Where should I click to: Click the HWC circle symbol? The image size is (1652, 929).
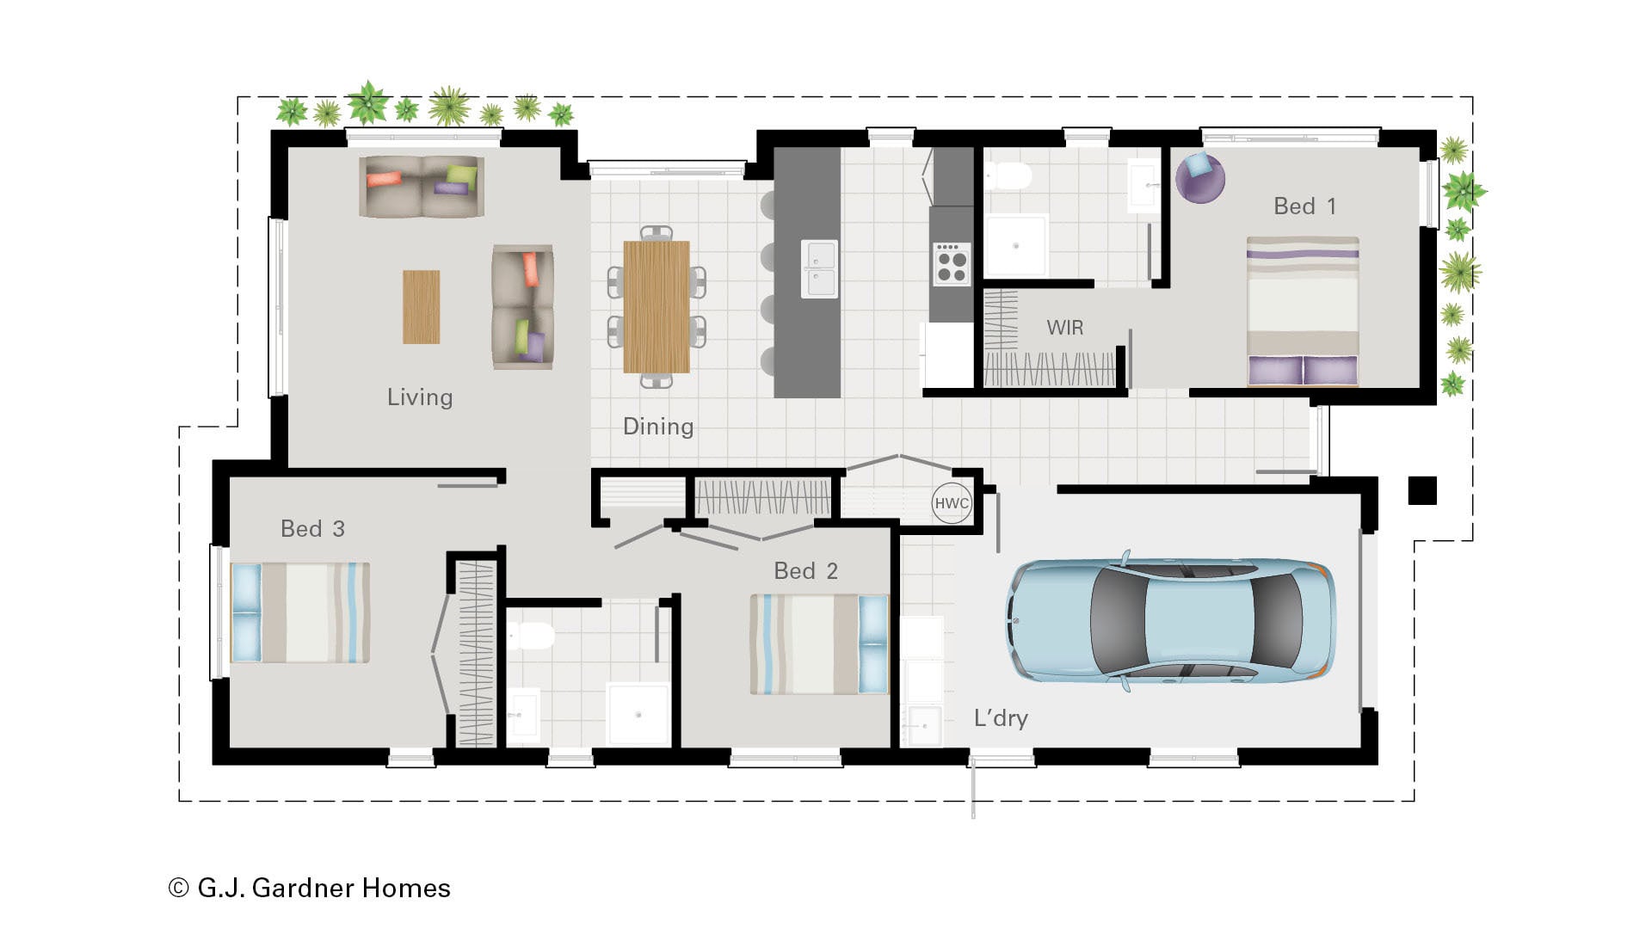tap(952, 503)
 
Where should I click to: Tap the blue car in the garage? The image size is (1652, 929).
tap(1171, 620)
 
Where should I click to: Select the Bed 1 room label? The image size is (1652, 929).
tap(1304, 206)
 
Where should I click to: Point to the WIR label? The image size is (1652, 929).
tap(1064, 328)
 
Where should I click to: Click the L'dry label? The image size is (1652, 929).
tap(1001, 718)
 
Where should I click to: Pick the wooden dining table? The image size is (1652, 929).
tap(656, 306)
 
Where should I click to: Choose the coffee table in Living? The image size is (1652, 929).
tap(422, 307)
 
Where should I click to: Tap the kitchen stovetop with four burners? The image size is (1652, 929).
tap(952, 264)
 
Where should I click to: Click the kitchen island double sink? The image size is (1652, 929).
tap(819, 268)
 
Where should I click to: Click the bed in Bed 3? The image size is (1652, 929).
tap(300, 612)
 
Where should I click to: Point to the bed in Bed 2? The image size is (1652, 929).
tap(819, 644)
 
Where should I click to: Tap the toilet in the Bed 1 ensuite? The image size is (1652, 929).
tap(1008, 177)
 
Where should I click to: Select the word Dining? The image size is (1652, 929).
tap(658, 428)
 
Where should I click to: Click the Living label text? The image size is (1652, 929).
tap(420, 397)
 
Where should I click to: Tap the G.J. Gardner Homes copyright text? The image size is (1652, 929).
tap(310, 888)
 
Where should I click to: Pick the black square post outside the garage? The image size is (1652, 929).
tap(1422, 490)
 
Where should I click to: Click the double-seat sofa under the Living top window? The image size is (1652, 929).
tap(422, 186)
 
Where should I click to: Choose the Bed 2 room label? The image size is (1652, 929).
tap(805, 571)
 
